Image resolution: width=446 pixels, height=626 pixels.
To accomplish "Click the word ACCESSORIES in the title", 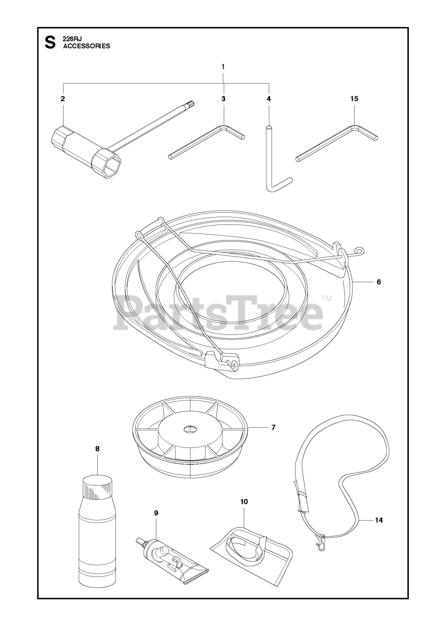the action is (86, 46).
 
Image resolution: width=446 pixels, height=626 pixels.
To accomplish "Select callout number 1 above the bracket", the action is (223, 67).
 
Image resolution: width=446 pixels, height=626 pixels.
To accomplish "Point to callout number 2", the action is (63, 99).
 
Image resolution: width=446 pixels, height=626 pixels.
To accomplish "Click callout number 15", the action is (355, 99).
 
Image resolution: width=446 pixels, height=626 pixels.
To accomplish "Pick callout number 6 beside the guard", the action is (379, 282).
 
